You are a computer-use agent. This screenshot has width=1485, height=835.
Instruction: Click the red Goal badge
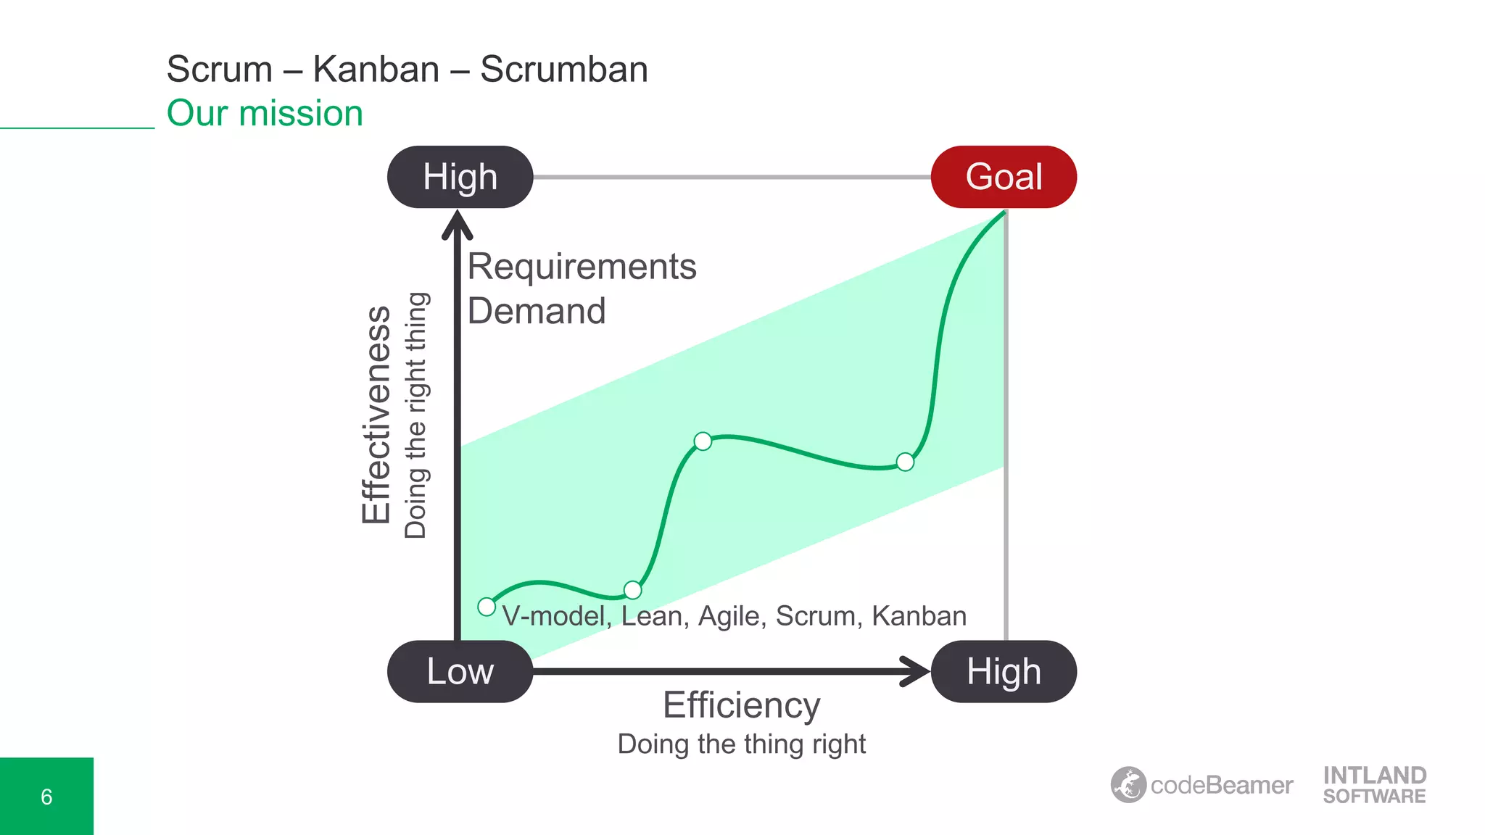1004,177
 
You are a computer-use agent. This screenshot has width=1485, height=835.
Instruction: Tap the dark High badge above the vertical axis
460,177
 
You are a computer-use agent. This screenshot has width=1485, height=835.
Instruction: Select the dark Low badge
460,671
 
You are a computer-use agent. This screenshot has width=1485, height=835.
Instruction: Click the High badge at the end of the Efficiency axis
1004,671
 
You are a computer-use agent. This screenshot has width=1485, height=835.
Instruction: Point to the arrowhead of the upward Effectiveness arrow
458,223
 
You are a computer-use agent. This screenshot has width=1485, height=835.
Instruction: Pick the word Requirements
582,267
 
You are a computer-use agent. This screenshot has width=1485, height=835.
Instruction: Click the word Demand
537,311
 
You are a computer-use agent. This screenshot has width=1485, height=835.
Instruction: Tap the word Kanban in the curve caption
919,616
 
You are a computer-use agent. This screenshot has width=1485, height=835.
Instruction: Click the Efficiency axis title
741,705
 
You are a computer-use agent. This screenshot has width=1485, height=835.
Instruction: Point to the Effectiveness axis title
376,415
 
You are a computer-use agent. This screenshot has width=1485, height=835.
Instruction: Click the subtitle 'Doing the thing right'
741,744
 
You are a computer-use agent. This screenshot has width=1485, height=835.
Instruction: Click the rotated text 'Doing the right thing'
415,415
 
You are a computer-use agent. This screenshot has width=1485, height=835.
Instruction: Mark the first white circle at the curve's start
487,607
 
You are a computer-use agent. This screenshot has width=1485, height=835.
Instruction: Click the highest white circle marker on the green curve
703,441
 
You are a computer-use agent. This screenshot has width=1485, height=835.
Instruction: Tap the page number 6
46,797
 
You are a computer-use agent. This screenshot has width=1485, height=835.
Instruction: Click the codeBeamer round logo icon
1128,785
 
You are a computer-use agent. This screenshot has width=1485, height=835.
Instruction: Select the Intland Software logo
1374,785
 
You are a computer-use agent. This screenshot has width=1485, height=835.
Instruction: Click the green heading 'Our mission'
265,114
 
